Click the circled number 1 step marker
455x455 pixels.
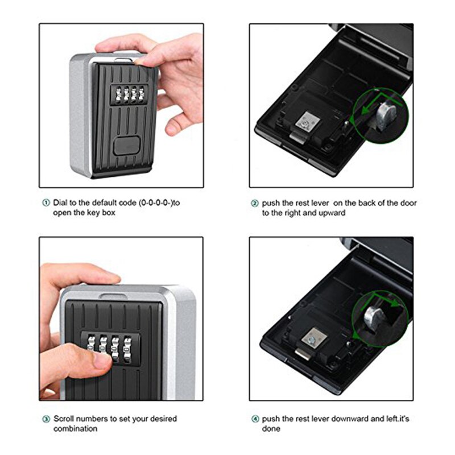coord(45,202)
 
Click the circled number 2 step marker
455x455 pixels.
coord(255,203)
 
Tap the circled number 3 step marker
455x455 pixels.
coord(45,419)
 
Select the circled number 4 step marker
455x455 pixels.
coord(255,419)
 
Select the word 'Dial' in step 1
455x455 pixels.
coord(61,202)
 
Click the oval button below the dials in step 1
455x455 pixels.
coord(126,146)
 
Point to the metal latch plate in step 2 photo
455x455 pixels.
coord(307,122)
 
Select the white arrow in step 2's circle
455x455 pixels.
coord(364,114)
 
